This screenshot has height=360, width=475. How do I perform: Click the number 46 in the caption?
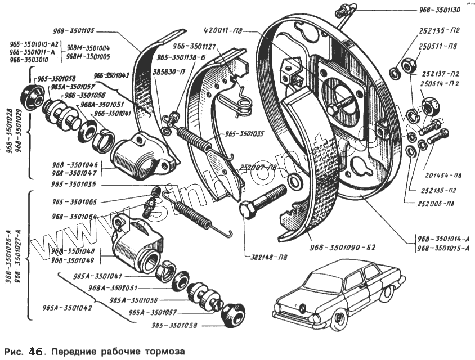(x=34, y=351)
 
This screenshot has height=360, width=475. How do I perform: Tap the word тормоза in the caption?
(x=163, y=351)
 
